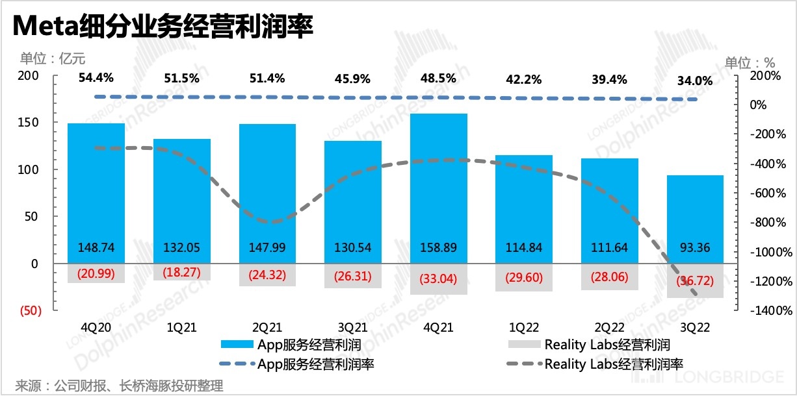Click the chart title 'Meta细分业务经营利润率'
pyautogui.click(x=163, y=27)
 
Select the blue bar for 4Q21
pyautogui.click(x=439, y=182)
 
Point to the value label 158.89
pyautogui.click(x=439, y=247)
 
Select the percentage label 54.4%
pyautogui.click(x=96, y=79)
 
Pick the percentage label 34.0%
pyautogui.click(x=695, y=81)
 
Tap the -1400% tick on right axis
pyautogui.click(x=758, y=311)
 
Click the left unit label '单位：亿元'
pyautogui.click(x=52, y=58)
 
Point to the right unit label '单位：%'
pyautogui.click(x=750, y=63)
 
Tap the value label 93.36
pyautogui.click(x=695, y=247)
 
